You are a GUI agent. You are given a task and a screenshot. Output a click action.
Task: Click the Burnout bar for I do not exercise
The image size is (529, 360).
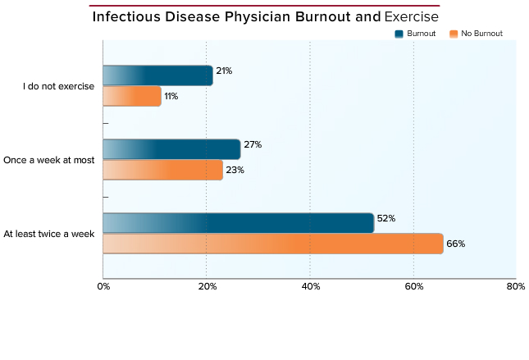(158, 75)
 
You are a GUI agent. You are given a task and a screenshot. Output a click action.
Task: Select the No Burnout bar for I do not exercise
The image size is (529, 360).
(132, 96)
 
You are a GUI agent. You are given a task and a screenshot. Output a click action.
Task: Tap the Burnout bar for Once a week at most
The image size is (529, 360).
(171, 149)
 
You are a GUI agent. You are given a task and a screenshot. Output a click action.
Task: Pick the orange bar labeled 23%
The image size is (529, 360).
(163, 170)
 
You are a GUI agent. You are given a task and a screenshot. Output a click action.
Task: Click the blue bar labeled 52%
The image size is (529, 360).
(239, 223)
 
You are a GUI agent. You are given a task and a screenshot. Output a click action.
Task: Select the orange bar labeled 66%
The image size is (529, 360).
(273, 244)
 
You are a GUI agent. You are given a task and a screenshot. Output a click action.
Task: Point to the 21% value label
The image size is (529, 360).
(224, 71)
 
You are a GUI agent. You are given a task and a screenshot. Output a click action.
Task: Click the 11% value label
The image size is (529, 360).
(171, 96)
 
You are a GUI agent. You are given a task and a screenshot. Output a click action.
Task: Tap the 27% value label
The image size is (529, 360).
(253, 144)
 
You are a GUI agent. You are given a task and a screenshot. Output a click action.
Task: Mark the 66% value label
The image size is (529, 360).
(455, 244)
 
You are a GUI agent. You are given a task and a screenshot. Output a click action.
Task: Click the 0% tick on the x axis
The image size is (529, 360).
(103, 286)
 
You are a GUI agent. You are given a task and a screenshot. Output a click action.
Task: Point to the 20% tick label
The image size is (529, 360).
(207, 286)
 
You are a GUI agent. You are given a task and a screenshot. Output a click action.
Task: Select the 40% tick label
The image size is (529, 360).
(311, 286)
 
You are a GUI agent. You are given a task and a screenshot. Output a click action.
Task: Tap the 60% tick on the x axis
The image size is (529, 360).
(414, 286)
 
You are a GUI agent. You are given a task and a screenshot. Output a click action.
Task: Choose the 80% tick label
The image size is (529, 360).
(516, 286)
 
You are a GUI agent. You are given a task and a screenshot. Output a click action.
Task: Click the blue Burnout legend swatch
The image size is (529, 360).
(399, 34)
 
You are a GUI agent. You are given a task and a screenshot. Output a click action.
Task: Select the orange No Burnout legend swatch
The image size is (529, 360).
(454, 34)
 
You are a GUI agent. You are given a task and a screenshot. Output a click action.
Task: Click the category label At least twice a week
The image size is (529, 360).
(49, 234)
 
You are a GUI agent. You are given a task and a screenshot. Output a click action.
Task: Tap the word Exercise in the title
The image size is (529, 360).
(411, 16)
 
